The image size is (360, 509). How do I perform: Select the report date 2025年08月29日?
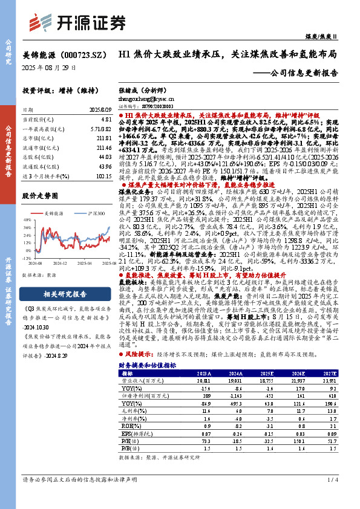click(53, 67)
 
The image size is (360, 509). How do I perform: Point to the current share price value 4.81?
click(106, 120)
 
